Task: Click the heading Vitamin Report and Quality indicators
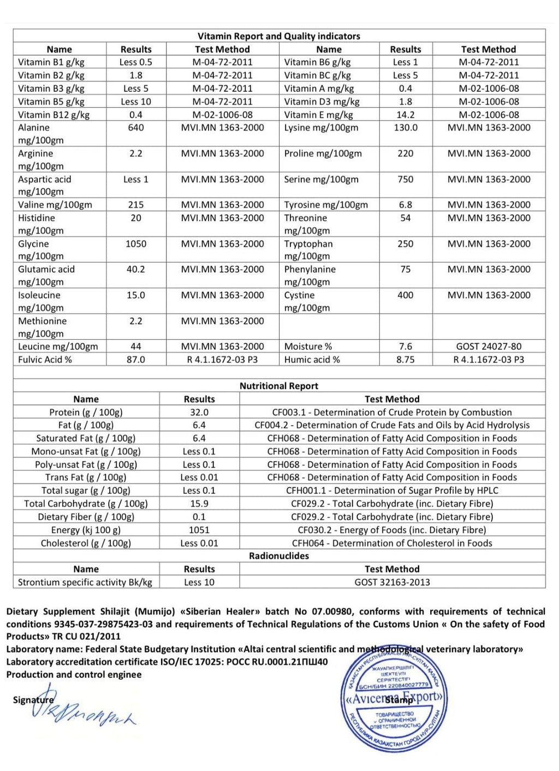278,36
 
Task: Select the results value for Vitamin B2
136,75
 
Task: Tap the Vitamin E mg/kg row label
318,115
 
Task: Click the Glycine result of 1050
136,244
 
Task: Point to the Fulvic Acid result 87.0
136,360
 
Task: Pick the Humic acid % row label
312,360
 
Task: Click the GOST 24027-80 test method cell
489,346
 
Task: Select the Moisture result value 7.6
405,346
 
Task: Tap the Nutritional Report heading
278,386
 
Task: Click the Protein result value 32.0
199,413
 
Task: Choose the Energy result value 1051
199,530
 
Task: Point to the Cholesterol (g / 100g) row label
86,543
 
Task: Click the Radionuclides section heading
278,556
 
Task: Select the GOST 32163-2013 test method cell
392,582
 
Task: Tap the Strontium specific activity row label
85,582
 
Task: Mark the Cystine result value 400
405,295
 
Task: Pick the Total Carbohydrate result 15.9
199,504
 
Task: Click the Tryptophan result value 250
405,244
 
